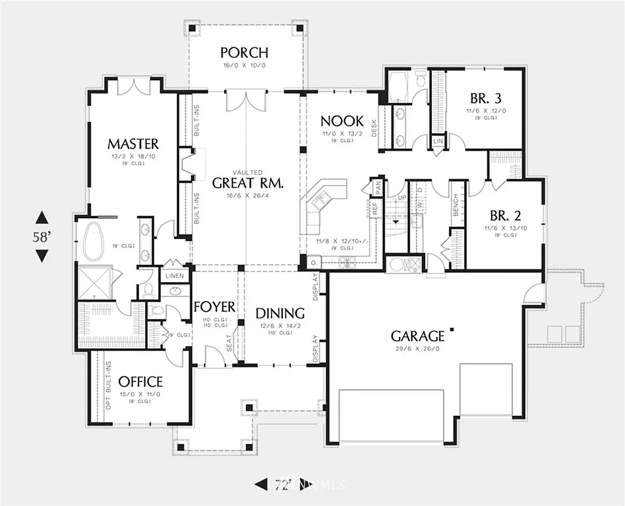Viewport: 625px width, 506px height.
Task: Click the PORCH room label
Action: click(244, 52)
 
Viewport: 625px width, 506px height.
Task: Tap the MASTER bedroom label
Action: click(133, 144)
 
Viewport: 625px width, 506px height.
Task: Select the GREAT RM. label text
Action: click(247, 183)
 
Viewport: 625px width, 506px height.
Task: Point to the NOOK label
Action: click(342, 121)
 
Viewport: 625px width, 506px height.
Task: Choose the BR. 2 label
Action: click(506, 215)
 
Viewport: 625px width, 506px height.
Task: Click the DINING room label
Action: click(280, 313)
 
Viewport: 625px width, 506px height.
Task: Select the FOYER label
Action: click(215, 307)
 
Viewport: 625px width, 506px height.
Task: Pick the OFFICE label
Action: click(140, 381)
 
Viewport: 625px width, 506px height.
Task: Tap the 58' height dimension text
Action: click(42, 237)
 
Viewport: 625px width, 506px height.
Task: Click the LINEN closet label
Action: click(175, 275)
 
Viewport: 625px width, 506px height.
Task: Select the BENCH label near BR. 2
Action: click(455, 204)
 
